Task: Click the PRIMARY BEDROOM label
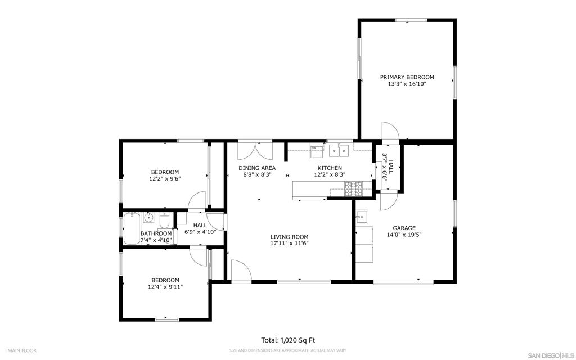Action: (407, 77)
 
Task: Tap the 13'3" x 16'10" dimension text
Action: (407, 84)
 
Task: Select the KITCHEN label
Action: (329, 168)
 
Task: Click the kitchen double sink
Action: (339, 150)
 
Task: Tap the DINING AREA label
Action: (256, 168)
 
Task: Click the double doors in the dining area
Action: (255, 151)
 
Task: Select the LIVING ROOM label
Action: (289, 237)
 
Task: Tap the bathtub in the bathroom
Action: (132, 227)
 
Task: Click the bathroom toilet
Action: (164, 219)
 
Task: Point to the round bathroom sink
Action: (149, 217)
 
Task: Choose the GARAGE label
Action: (404, 228)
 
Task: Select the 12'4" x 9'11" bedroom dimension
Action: (165, 287)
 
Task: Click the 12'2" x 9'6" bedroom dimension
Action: (165, 179)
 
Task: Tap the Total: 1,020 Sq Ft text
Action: (287, 340)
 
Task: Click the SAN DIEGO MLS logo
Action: (551, 355)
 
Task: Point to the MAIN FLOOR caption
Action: (22, 350)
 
